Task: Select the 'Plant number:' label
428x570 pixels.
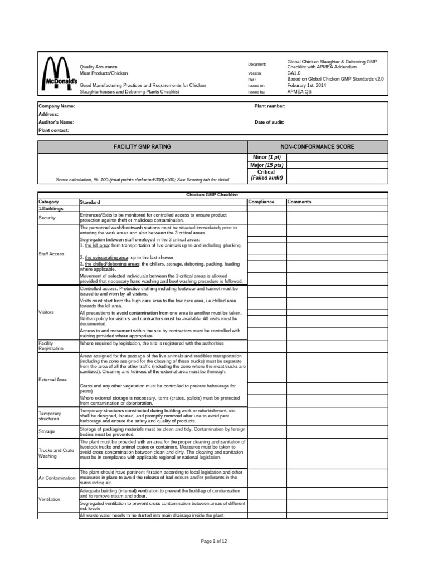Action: (x=270, y=106)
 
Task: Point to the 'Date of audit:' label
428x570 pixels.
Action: (x=270, y=122)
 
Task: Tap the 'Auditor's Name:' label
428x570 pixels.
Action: (x=56, y=122)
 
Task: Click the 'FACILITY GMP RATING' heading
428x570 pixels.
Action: (x=142, y=146)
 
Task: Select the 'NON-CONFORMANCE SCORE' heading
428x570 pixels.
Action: (x=317, y=146)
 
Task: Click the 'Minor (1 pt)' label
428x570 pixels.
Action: (x=268, y=158)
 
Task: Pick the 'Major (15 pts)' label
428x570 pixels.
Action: (x=267, y=165)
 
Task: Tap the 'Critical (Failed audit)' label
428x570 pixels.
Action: (x=268, y=175)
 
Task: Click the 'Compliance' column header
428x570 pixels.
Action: (x=261, y=202)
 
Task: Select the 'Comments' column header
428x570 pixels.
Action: (x=300, y=202)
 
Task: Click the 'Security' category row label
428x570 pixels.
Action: (x=47, y=218)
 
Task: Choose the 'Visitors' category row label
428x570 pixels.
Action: (x=46, y=312)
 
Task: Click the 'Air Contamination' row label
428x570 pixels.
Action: (x=56, y=478)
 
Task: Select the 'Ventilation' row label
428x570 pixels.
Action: (x=50, y=499)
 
